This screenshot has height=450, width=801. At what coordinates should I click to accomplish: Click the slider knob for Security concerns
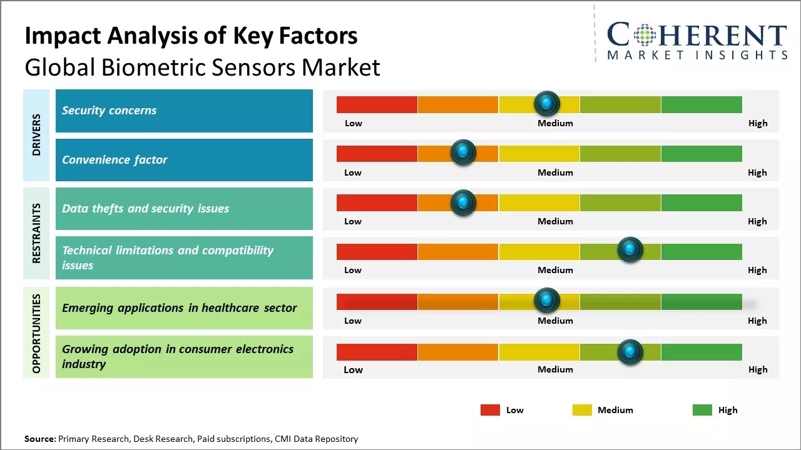(547, 103)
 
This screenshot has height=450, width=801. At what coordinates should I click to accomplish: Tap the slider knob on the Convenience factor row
(463, 152)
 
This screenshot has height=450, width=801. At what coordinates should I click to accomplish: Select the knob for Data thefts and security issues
(463, 202)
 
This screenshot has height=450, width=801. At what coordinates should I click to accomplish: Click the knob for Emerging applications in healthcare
(547, 301)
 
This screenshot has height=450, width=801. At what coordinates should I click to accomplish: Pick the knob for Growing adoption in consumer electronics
(630, 352)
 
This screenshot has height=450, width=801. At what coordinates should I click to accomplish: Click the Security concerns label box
(184, 111)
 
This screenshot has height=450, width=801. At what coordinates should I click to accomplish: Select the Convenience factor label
(184, 160)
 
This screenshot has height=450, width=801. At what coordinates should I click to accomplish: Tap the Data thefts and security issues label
(184, 209)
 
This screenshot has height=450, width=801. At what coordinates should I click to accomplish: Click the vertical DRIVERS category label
(36, 135)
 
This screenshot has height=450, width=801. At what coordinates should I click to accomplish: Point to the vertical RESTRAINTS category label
(36, 233)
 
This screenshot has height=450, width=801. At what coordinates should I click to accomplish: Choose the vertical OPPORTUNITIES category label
(36, 333)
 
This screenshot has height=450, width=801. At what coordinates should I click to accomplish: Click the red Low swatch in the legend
(490, 410)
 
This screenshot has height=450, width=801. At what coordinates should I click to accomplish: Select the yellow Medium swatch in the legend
(582, 410)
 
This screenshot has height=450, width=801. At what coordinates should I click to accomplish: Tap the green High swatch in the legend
(702, 410)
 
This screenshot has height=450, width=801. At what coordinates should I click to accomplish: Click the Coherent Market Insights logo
(697, 41)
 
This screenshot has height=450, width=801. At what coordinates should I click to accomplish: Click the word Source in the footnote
(39, 439)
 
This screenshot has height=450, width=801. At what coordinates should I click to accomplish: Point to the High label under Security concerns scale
(758, 123)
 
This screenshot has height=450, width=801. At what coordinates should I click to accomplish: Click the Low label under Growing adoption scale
(353, 369)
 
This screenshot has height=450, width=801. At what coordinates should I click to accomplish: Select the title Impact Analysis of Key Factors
(191, 36)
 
